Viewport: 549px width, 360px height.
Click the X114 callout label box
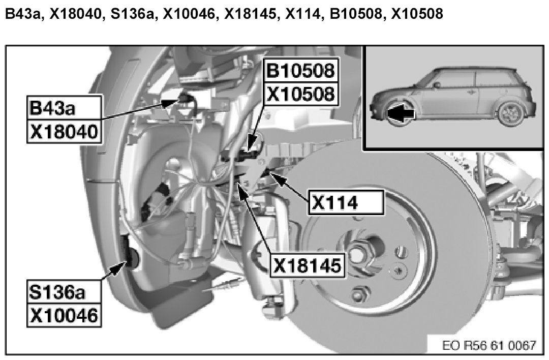(346, 202)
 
